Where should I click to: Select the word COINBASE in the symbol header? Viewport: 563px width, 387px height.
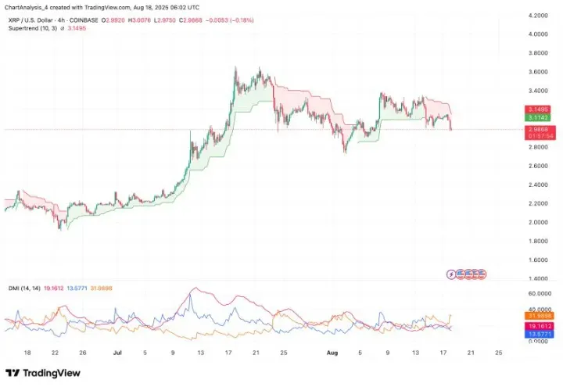pyautogui.click(x=82, y=19)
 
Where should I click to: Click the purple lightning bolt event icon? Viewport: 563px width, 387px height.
pyautogui.click(x=451, y=274)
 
